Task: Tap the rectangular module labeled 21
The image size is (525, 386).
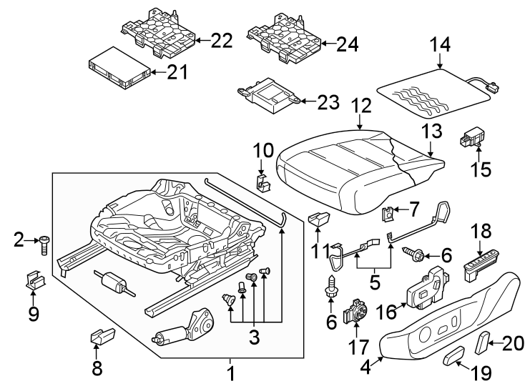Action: tap(118, 70)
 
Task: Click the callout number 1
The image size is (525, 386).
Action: tap(230, 372)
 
